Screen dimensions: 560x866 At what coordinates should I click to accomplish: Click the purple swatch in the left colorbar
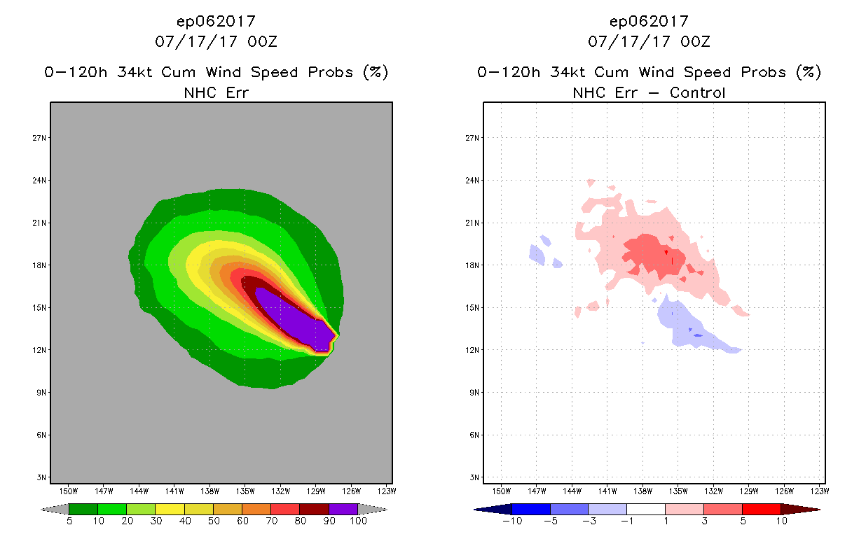tap(343, 509)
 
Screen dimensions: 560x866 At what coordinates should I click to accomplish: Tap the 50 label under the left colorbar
tap(213, 521)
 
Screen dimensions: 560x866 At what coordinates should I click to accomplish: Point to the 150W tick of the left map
tap(68, 491)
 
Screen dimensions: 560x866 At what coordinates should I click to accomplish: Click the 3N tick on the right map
tap(474, 477)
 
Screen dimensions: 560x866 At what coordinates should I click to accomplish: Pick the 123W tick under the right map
tap(820, 491)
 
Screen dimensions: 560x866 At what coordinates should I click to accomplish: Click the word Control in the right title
tap(697, 92)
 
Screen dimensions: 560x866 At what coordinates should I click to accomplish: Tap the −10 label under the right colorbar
tap(512, 521)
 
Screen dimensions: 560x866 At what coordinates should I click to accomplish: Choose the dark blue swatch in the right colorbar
tap(531, 509)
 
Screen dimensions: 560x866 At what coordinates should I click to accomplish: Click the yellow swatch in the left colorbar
tap(170, 509)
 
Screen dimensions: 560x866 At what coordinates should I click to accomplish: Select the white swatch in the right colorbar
tap(645, 509)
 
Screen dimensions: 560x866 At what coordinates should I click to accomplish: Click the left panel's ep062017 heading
tap(216, 22)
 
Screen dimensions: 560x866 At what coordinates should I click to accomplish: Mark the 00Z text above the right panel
tap(695, 42)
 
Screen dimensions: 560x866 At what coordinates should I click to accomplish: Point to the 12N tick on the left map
tap(41, 350)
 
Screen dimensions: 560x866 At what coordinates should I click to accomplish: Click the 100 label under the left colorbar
tap(358, 521)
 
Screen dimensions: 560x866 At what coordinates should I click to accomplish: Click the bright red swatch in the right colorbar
tap(760, 509)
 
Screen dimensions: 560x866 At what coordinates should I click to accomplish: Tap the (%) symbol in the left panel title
tap(375, 72)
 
